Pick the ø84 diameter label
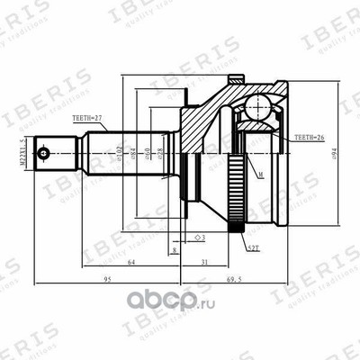coord(134,151)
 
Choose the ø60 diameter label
coord(148,151)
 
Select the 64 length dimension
coord(131,261)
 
